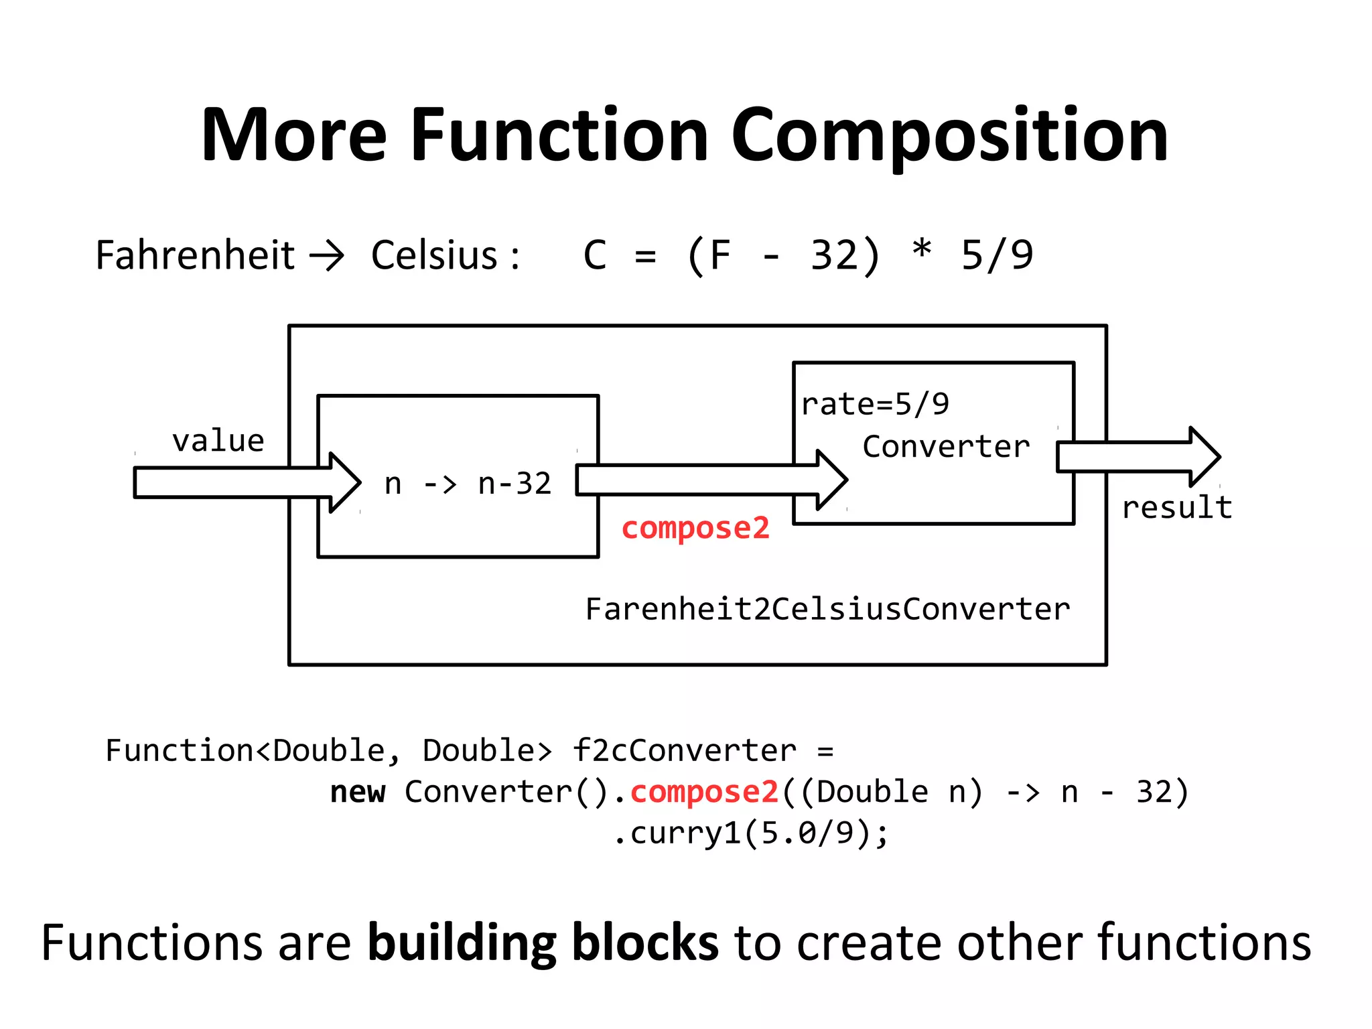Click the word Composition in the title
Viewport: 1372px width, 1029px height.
pos(950,136)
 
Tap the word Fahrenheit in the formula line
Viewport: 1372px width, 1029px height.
pos(195,255)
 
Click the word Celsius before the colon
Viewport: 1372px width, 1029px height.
pos(434,255)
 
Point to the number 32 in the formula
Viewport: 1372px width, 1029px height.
pos(834,255)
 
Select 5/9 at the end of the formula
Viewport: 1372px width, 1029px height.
pos(997,255)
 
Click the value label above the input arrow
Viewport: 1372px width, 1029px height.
pos(218,441)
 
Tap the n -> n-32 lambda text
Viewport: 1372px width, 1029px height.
pos(468,483)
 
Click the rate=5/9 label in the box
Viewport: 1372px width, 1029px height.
pos(875,404)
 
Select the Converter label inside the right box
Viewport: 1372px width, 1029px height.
pos(946,446)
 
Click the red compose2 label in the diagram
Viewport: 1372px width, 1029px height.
pos(695,528)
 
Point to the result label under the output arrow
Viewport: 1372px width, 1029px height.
pos(1177,507)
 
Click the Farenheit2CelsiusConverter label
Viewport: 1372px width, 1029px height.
pos(827,609)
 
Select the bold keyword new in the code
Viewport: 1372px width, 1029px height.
pos(358,793)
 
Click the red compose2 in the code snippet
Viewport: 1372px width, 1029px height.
pos(704,793)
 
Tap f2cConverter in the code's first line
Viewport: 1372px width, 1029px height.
pos(684,750)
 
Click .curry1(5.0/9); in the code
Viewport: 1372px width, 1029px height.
pos(750,833)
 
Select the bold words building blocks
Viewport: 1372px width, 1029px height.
pos(543,943)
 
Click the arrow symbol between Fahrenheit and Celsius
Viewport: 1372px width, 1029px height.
pos(326,255)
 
